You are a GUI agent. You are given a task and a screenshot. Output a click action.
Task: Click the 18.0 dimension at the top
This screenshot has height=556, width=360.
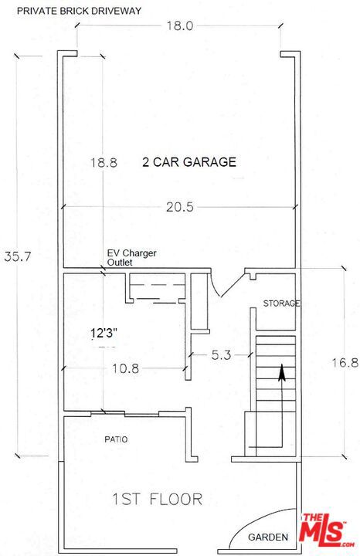pyautogui.click(x=180, y=26)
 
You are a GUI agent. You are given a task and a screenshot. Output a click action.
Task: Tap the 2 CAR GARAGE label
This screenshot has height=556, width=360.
pyautogui.click(x=189, y=162)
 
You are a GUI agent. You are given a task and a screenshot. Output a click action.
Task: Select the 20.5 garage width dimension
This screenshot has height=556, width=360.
pyautogui.click(x=180, y=207)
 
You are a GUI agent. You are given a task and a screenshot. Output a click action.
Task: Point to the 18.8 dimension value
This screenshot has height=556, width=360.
pyautogui.click(x=104, y=163)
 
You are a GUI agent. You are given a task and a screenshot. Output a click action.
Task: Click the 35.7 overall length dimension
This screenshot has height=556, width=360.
pyautogui.click(x=18, y=256)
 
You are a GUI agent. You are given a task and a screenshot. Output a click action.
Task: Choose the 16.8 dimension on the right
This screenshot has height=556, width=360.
pyautogui.click(x=345, y=363)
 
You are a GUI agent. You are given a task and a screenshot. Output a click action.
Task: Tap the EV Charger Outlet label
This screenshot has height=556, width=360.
pyautogui.click(x=131, y=258)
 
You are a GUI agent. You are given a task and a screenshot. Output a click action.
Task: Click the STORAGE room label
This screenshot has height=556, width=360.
pyautogui.click(x=281, y=303)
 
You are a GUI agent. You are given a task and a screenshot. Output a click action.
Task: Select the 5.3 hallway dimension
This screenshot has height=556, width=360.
pyautogui.click(x=221, y=355)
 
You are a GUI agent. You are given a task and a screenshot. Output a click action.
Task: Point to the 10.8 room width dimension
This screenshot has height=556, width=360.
pyautogui.click(x=126, y=369)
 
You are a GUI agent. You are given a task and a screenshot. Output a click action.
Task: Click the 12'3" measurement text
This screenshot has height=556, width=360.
pyautogui.click(x=104, y=334)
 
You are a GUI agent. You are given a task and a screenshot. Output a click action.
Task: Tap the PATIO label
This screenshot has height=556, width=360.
pyautogui.click(x=116, y=439)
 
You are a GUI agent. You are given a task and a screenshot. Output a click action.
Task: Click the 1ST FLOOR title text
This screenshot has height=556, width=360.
pyautogui.click(x=158, y=499)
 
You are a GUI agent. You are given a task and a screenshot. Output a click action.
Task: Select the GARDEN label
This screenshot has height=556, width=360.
pyautogui.click(x=268, y=537)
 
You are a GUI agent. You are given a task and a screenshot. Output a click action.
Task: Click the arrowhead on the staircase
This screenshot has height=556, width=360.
pyautogui.click(x=282, y=373)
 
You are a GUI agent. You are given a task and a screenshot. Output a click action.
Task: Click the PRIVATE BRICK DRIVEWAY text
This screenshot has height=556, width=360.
pyautogui.click(x=79, y=11)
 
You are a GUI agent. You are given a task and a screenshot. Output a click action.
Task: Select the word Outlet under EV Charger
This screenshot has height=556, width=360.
pyautogui.click(x=120, y=263)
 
